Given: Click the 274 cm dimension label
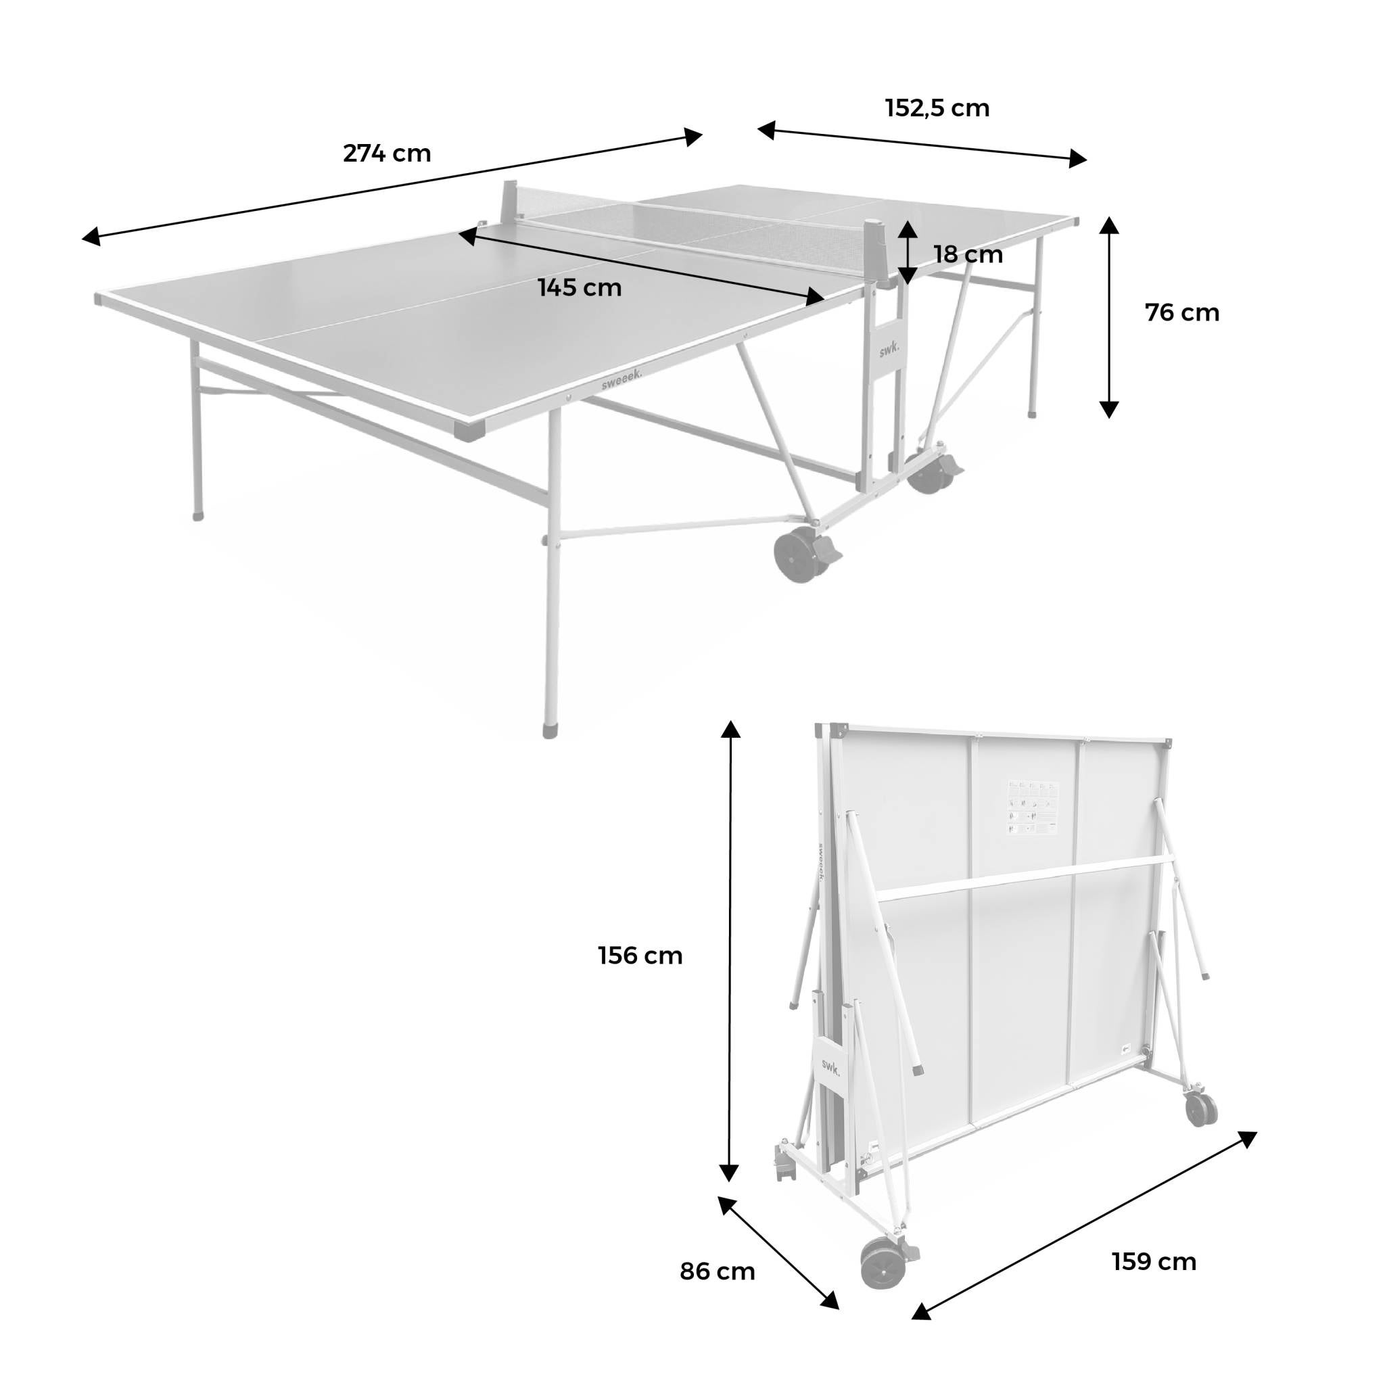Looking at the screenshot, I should [387, 154].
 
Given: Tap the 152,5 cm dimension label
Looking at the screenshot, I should [937, 108].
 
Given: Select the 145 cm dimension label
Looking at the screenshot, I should [580, 287].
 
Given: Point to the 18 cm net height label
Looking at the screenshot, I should [968, 254].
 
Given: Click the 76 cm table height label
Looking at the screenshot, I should [1182, 312].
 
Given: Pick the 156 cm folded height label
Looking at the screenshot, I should [640, 956].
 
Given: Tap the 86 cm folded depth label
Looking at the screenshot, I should [717, 1271].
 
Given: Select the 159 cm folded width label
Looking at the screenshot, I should [1154, 1261].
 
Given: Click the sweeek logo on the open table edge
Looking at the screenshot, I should [621, 379].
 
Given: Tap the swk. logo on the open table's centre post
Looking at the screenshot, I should [889, 348].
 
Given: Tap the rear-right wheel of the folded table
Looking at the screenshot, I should [1201, 1109].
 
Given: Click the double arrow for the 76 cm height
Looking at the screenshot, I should [1109, 317].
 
